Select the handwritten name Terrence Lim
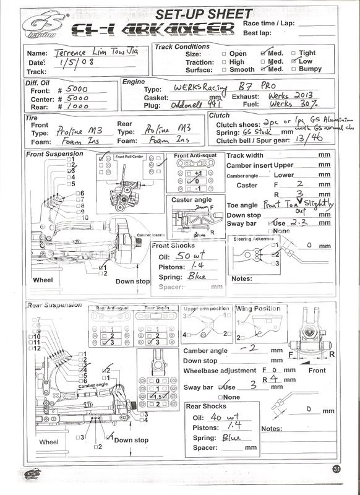coord(89,53)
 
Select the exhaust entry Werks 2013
coord(288,97)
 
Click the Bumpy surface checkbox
coord(294,70)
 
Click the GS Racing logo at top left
coord(41,26)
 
